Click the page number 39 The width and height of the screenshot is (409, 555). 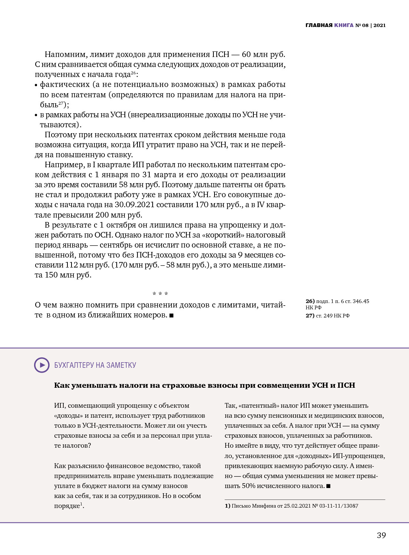click(x=381, y=535)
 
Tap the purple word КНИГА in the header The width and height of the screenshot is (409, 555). click(x=344, y=25)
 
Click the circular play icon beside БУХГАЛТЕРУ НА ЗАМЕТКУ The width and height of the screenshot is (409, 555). click(x=42, y=365)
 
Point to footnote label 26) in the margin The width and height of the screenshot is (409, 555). click(x=310, y=301)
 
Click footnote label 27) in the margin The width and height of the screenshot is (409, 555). click(x=310, y=316)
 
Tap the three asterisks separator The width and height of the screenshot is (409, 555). click(x=160, y=294)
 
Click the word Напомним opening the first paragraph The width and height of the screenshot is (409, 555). click(x=65, y=54)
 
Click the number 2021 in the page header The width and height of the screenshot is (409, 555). click(x=379, y=25)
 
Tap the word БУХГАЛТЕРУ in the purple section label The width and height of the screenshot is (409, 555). click(x=74, y=365)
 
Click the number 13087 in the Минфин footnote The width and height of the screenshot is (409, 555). click(x=350, y=506)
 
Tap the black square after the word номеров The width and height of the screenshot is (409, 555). click(x=172, y=315)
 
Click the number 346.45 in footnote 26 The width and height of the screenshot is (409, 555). click(x=361, y=301)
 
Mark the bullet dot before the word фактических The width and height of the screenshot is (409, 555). click(x=36, y=85)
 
